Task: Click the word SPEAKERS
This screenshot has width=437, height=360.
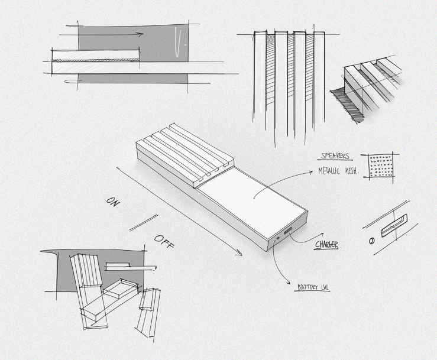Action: [335, 155]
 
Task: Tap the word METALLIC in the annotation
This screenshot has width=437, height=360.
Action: [329, 170]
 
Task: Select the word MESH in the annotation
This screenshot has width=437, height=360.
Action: [351, 171]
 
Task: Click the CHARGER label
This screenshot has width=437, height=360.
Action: [326, 245]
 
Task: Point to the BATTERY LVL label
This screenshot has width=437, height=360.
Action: [312, 287]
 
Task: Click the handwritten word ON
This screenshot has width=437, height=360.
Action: [113, 202]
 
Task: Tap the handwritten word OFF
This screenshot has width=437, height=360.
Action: [164, 241]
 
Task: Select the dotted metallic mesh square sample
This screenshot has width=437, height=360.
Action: [380, 166]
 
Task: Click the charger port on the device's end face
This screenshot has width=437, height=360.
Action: [288, 230]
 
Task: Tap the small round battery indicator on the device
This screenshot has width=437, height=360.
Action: [278, 238]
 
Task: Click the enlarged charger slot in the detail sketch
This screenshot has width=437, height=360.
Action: [394, 226]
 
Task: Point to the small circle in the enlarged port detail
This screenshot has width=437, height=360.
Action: [371, 241]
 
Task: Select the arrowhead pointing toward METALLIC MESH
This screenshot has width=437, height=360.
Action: [310, 173]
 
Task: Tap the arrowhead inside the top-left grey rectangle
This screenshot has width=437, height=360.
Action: [141, 34]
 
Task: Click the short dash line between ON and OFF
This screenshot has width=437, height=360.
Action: [144, 223]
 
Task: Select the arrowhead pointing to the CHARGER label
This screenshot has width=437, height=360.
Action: [322, 234]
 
